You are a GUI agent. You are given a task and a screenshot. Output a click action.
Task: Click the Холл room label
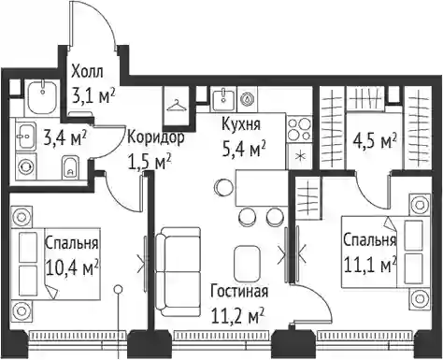click(87, 72)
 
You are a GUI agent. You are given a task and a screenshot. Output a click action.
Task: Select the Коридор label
click(155, 137)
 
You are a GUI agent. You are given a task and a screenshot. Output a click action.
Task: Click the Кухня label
click(241, 124)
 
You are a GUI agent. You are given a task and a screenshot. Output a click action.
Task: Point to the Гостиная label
click(239, 291)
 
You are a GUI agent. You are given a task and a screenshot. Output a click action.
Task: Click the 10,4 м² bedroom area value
click(72, 268)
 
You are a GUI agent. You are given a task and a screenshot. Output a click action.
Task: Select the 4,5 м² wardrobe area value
click(375, 142)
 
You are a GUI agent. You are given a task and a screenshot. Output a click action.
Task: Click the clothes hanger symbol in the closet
click(177, 106)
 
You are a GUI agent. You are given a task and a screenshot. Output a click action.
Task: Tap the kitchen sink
click(223, 99)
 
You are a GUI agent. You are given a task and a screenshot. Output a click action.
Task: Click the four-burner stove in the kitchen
click(300, 130)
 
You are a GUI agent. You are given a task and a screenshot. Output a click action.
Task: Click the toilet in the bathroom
click(70, 166)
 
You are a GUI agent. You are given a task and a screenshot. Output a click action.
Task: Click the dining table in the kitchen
click(263, 188)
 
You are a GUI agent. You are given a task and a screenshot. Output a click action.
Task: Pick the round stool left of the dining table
click(223, 187)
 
